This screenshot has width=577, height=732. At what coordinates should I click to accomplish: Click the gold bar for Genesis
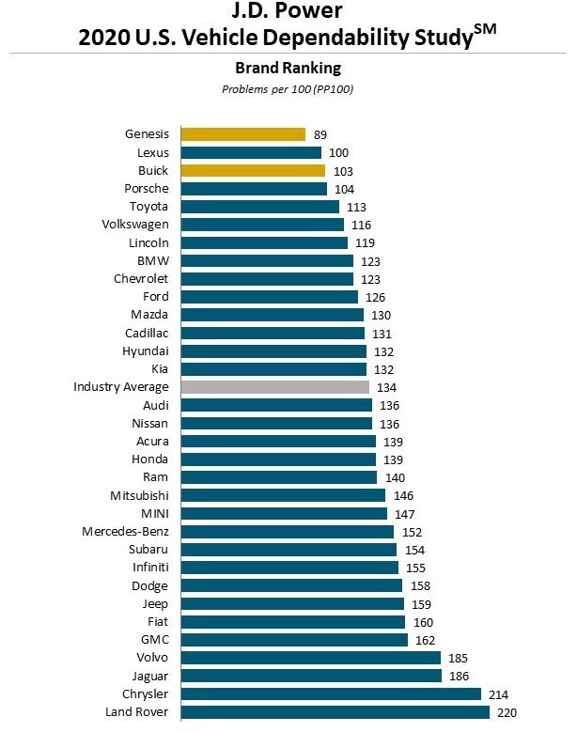click(x=242, y=134)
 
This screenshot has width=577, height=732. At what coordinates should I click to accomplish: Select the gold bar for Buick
click(x=252, y=171)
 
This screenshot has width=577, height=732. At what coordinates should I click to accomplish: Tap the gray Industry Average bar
click(x=274, y=387)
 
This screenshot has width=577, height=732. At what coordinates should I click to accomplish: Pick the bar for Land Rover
click(x=335, y=712)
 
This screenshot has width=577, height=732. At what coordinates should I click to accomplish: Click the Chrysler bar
click(x=331, y=694)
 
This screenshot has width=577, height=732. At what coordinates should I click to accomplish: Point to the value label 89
click(x=320, y=135)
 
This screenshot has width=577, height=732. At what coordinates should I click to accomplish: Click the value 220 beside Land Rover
click(x=507, y=712)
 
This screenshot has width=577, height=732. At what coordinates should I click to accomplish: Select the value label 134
click(x=386, y=387)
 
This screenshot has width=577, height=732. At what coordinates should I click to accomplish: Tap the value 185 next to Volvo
click(x=459, y=658)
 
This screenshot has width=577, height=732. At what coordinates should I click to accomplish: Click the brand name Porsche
click(x=147, y=189)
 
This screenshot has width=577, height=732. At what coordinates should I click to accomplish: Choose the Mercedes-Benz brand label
click(x=125, y=532)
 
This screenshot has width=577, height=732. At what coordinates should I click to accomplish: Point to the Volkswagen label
click(x=135, y=225)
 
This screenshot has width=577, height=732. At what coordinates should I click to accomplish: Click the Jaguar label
click(x=148, y=676)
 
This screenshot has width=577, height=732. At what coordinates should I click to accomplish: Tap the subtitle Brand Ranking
click(x=288, y=68)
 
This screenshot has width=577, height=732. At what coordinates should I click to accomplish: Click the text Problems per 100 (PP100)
click(x=288, y=89)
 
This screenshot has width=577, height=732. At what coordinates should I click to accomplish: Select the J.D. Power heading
click(x=288, y=11)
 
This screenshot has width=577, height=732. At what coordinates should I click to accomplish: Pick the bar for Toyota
click(x=259, y=207)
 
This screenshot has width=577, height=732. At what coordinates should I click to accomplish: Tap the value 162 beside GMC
click(x=425, y=640)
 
